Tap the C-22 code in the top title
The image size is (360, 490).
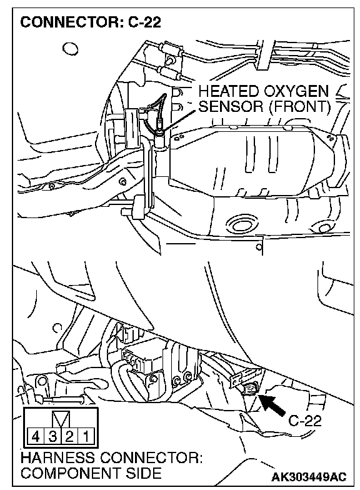click(x=145, y=22)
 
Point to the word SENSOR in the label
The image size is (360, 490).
click(x=231, y=106)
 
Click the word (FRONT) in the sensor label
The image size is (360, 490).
click(x=299, y=107)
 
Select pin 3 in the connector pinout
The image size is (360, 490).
click(x=52, y=436)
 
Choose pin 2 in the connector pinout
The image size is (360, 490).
click(x=69, y=436)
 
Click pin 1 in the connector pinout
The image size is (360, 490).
click(x=86, y=436)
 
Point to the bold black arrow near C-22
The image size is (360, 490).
click(x=272, y=405)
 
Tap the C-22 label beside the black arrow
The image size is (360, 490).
click(x=304, y=421)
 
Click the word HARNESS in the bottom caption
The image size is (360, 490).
click(x=57, y=458)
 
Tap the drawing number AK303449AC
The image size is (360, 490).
click(x=309, y=477)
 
